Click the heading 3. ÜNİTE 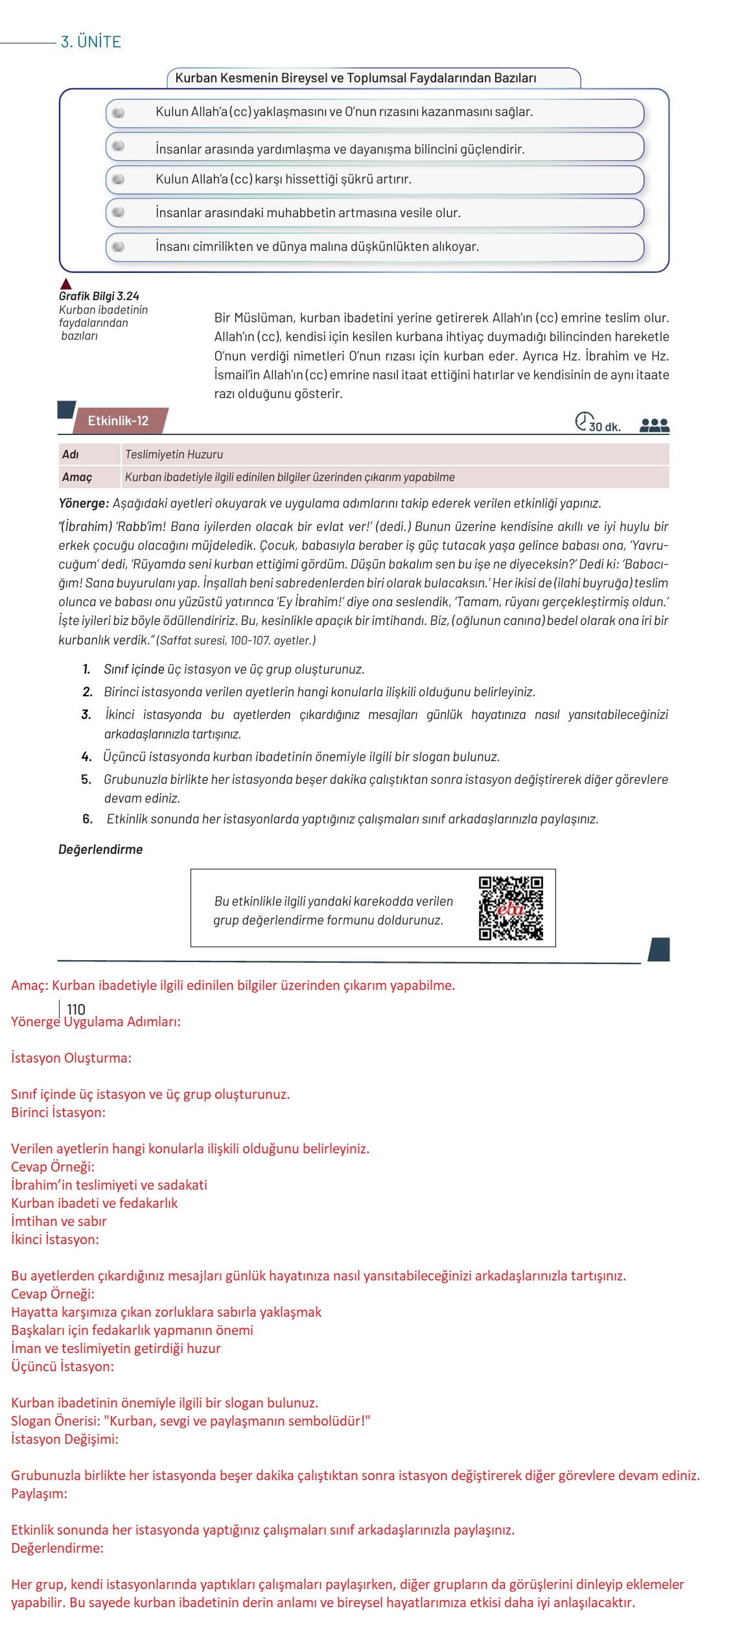(x=91, y=42)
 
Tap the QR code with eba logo (x=511, y=908)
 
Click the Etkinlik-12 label (x=118, y=421)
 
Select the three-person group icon (x=654, y=425)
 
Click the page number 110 (x=76, y=1009)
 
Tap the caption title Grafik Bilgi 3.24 (x=99, y=297)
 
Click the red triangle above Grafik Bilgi (x=65, y=284)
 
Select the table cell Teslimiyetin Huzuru (x=174, y=454)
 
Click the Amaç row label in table (x=77, y=477)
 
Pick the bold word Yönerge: (x=84, y=503)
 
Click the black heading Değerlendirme (x=100, y=849)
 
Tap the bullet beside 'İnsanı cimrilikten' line (x=118, y=247)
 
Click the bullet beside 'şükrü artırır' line (x=118, y=179)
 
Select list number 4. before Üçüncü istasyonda (x=86, y=757)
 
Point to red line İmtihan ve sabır (x=59, y=1221)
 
